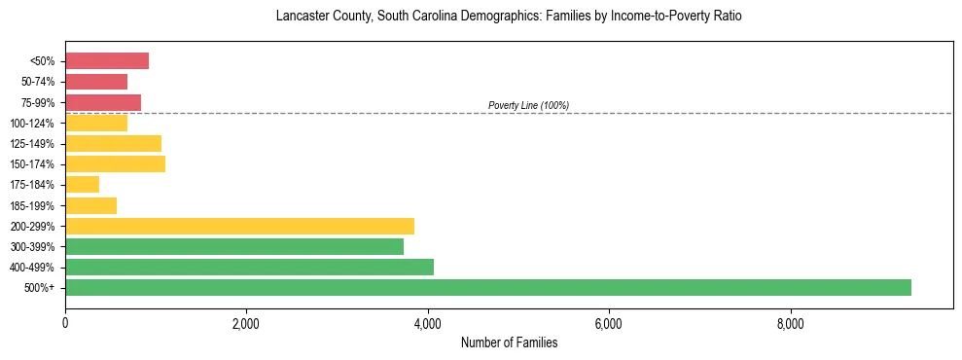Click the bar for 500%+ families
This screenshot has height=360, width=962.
click(x=487, y=287)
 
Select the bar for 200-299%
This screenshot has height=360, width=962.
click(x=239, y=226)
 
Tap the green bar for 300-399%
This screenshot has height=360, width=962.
click(x=233, y=246)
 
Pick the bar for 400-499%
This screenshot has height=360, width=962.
click(x=249, y=267)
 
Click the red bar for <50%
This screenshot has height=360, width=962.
click(x=107, y=61)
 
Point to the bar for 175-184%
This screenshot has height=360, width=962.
click(x=82, y=184)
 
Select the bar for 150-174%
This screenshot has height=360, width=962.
click(x=115, y=163)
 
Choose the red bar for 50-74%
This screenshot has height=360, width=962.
click(x=96, y=82)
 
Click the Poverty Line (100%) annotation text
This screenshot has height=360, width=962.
click(x=528, y=105)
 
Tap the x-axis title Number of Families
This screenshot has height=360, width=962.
click(x=509, y=343)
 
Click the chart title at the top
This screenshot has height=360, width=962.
click(x=509, y=17)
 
